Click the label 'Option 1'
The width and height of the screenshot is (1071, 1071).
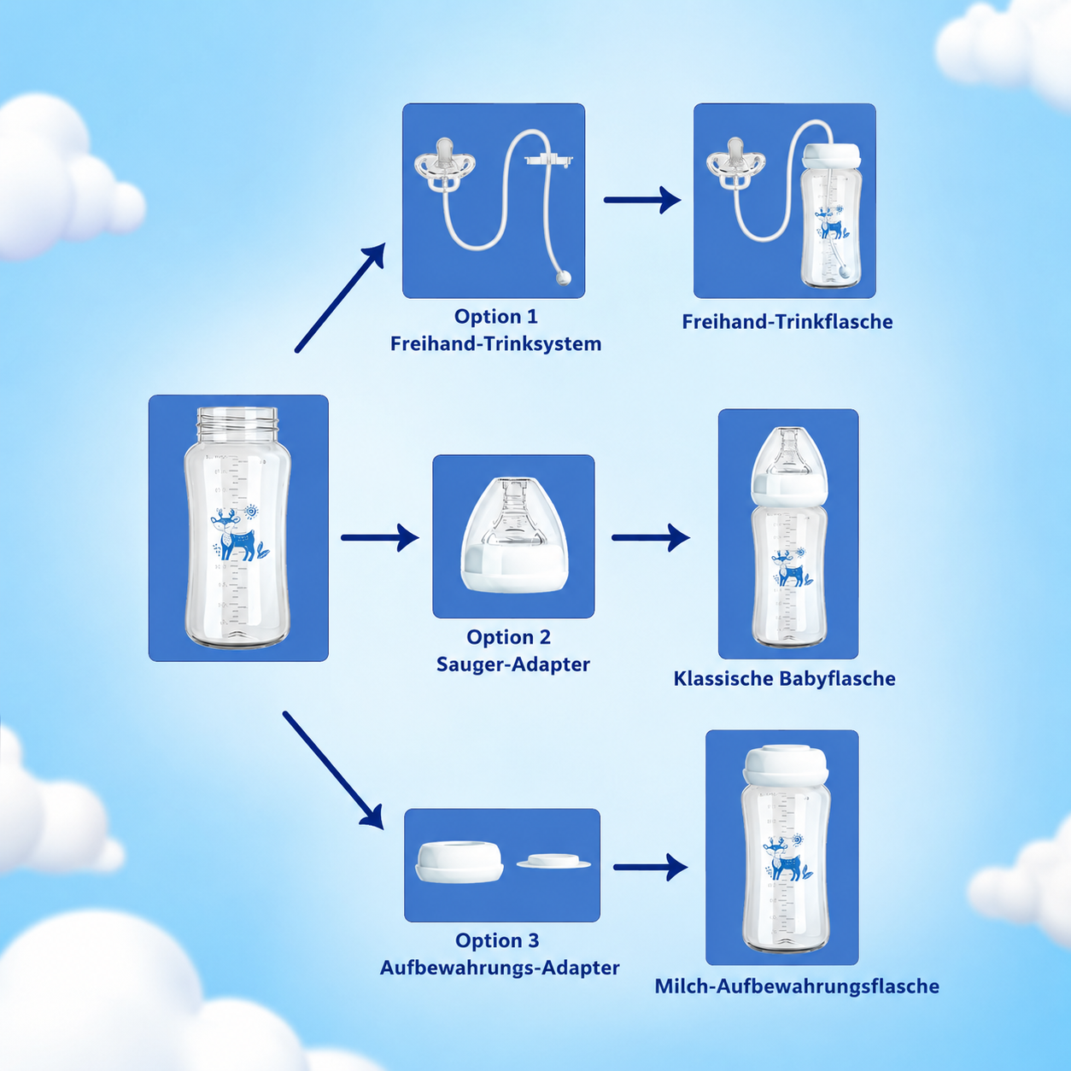click(495, 316)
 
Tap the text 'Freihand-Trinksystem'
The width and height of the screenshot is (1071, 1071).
click(495, 343)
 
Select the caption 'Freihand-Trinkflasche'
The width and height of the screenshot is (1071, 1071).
click(787, 321)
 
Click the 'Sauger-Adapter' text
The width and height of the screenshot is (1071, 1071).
click(512, 664)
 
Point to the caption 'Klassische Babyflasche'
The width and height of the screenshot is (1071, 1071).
click(784, 679)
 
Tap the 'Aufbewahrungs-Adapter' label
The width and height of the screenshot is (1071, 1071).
click(499, 968)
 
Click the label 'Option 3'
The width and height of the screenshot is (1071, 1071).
click(497, 940)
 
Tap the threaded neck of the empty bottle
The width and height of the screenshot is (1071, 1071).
click(238, 422)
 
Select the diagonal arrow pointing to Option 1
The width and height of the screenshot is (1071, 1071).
click(340, 297)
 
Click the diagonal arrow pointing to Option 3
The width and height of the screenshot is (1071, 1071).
click(333, 770)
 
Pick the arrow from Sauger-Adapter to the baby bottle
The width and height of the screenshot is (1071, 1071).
click(651, 537)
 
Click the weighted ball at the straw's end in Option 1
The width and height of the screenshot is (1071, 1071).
click(564, 278)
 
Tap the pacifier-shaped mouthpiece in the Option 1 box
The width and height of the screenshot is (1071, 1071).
click(446, 165)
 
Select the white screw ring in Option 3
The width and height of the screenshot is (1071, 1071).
click(459, 862)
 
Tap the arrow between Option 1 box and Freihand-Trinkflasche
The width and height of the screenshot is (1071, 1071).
click(642, 200)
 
